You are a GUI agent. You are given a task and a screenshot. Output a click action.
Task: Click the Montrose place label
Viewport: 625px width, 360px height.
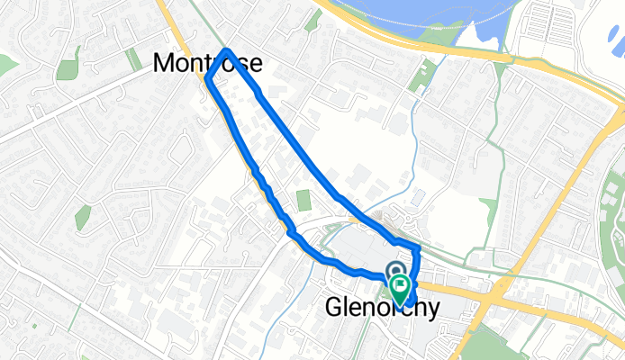[208, 62]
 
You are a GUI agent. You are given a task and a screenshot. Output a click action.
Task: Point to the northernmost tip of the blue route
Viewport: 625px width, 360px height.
[227, 49]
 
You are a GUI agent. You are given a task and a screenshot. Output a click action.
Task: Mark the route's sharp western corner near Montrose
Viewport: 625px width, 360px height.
[208, 80]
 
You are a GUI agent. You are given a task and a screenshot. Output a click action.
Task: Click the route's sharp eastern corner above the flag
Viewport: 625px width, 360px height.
[420, 247]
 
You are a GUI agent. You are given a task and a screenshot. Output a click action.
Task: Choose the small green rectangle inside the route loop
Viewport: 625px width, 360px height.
[303, 200]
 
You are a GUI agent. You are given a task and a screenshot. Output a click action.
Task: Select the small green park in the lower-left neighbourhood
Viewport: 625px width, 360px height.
[83, 217]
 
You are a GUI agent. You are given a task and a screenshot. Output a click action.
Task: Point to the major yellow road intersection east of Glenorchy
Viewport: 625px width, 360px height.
[494, 290]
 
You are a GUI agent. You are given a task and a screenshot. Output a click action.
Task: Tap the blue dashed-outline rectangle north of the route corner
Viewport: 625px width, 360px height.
[418, 195]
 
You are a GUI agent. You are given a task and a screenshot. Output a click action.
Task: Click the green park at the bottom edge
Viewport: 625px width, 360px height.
[486, 346]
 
